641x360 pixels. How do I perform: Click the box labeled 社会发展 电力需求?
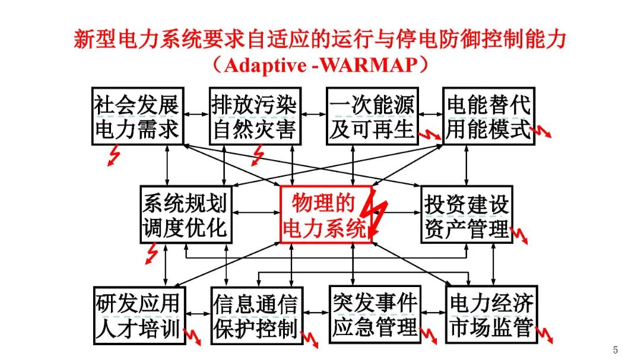coord(137,116)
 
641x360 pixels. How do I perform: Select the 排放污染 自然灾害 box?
coord(254,116)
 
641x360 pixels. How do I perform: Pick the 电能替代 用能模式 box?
coord(488,116)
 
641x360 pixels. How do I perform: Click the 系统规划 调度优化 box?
coord(185,214)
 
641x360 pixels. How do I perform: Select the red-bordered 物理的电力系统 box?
coord(325,214)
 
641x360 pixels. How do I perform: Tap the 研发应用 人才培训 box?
coord(138,314)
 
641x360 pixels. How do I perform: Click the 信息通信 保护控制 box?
coord(255,314)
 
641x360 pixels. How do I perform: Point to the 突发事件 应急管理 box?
coord(375,314)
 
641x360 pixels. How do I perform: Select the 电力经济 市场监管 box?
coord(491,314)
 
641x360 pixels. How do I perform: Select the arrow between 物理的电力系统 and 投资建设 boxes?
coord(398,212)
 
